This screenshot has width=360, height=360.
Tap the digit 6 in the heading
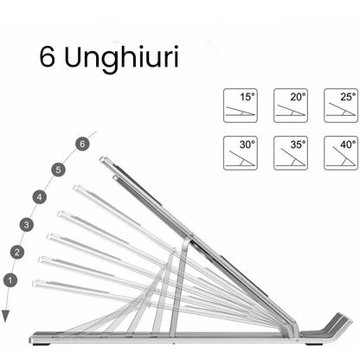(x=47, y=57)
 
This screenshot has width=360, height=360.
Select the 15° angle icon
(x=241, y=106)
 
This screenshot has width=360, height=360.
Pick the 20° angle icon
(x=291, y=106)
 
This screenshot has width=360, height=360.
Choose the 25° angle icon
(x=341, y=106)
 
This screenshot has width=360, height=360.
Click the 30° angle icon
(x=241, y=153)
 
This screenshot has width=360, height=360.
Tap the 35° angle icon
(x=291, y=153)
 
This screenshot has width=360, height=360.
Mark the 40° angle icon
(x=341, y=153)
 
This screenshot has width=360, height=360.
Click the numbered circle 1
(x=10, y=280)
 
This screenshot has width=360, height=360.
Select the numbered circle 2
(x=17, y=252)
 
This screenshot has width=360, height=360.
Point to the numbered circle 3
(x=27, y=224)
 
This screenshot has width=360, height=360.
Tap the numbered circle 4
(x=40, y=197)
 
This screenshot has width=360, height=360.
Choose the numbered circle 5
(x=59, y=170)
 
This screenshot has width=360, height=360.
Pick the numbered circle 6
(x=82, y=144)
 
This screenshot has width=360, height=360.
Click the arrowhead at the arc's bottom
(x=6, y=317)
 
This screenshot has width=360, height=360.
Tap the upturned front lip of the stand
(x=337, y=323)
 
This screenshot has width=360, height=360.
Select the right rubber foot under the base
(x=314, y=344)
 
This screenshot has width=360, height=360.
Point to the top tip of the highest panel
(x=101, y=159)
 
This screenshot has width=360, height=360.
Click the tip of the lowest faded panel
(x=35, y=283)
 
